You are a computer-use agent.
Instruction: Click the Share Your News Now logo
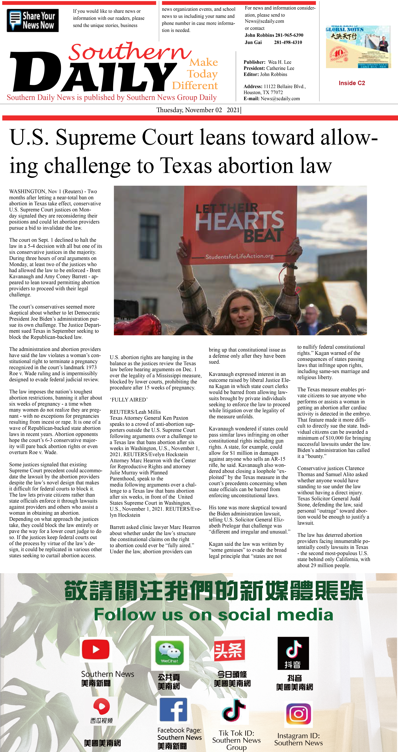coord(33,20)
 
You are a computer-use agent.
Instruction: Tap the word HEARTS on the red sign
coord(239,220)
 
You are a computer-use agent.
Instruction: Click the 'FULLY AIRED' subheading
coord(129,400)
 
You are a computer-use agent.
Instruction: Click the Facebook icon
coord(174,709)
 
